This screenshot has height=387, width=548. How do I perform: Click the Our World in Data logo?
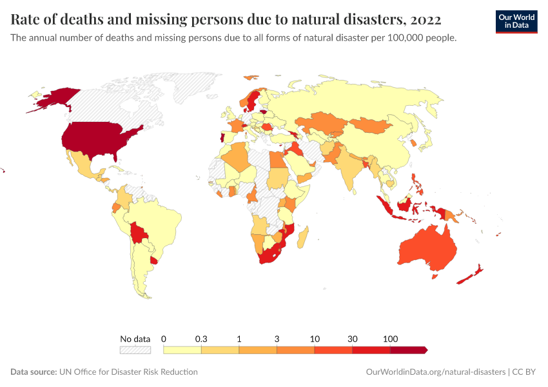tap(516, 21)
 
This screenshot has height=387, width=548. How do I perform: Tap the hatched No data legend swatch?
tap(135, 350)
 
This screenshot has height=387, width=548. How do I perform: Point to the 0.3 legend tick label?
tap(201, 339)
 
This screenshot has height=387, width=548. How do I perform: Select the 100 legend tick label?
tap(390, 339)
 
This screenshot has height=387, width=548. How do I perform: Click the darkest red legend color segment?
tap(407, 350)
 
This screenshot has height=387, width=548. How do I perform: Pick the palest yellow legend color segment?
tap(182, 350)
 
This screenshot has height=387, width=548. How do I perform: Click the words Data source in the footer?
tap(33, 372)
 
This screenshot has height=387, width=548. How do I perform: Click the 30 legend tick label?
tap(353, 339)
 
